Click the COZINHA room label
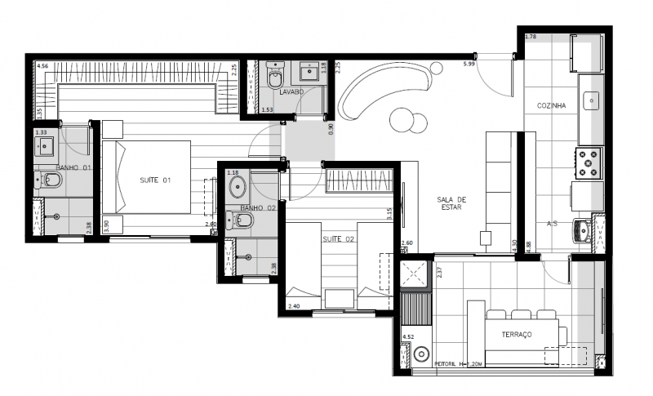click(552, 106)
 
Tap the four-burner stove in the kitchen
click(589, 163)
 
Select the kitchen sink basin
click(591, 100)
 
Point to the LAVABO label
click(291, 92)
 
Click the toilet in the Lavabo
click(274, 78)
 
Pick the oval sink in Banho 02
click(238, 189)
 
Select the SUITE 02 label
click(338, 239)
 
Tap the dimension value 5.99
click(469, 63)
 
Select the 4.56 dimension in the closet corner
click(42, 65)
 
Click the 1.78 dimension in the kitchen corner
click(531, 37)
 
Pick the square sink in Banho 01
click(43, 147)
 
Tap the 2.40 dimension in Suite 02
click(294, 306)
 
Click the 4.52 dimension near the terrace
click(408, 335)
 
